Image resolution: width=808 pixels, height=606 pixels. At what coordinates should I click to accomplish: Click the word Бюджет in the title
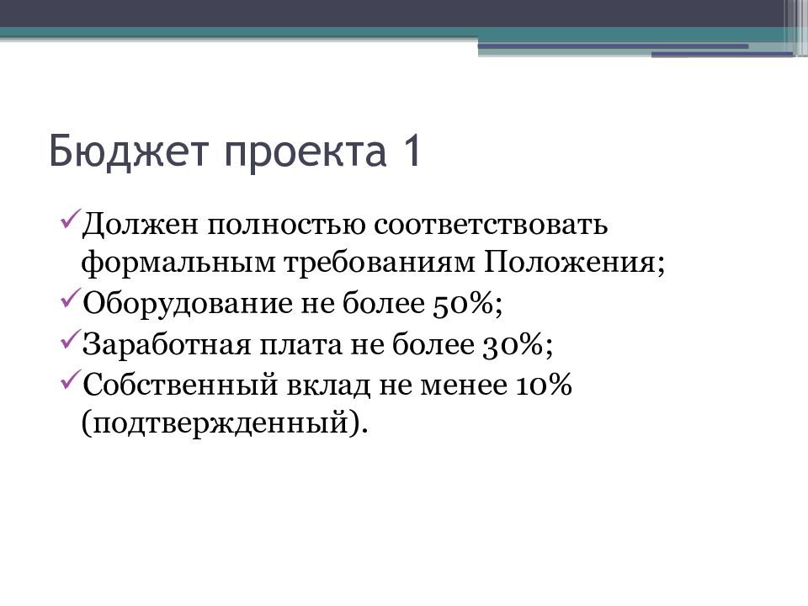[116, 153]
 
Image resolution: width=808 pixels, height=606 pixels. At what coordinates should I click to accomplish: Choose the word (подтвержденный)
[225, 422]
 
